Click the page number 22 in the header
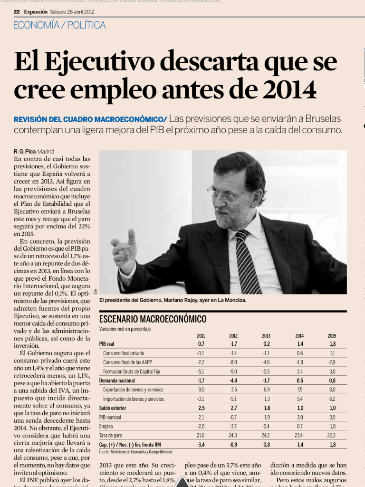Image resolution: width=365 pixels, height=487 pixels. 16,11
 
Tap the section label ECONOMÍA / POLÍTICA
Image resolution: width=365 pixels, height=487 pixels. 60,25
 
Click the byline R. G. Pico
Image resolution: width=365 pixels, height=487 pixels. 25,152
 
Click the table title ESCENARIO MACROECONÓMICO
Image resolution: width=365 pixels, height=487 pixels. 153,319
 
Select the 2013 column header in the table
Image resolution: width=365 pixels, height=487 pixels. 266,336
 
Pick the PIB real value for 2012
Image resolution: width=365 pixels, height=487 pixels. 233,343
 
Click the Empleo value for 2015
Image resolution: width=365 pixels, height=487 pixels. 332,426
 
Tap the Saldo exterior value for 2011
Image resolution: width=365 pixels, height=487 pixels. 201,408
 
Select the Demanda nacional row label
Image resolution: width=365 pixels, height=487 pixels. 117,380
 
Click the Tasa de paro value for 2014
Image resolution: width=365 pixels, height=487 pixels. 299,435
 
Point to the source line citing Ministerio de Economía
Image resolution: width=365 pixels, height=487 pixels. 135,452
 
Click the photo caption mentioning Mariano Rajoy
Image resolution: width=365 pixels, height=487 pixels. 173,301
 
